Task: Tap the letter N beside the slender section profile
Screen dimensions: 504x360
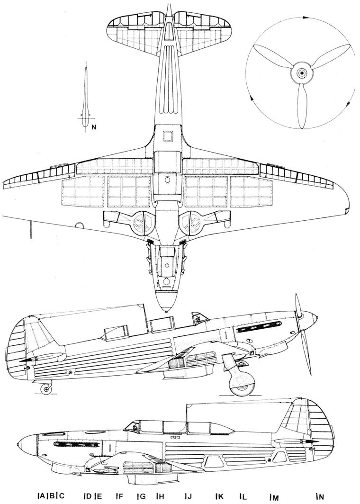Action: pos(94,127)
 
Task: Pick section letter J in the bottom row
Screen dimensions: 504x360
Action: pos(189,496)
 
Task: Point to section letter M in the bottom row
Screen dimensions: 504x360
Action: pos(274,497)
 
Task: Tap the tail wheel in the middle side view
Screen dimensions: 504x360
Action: pos(46,389)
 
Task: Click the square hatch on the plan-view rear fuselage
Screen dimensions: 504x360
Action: pos(168,136)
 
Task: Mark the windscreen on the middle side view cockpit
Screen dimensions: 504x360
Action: pos(200,319)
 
